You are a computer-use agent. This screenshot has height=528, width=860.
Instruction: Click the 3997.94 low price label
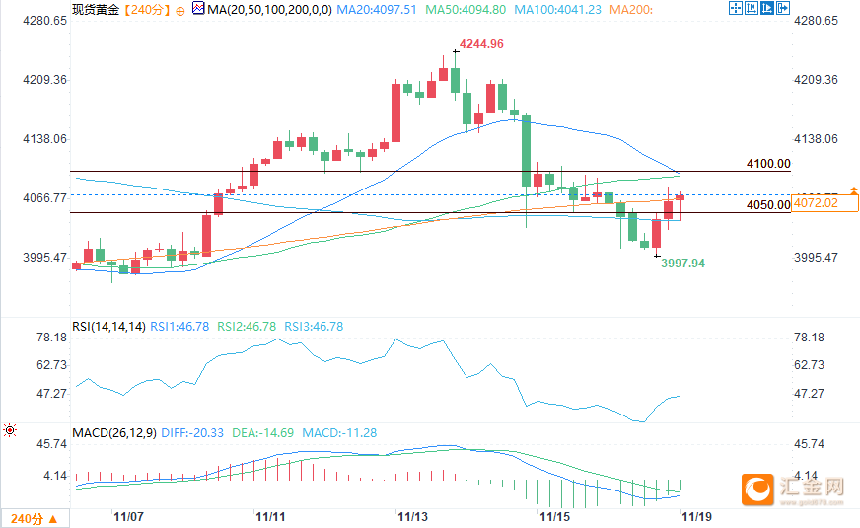tap(682, 264)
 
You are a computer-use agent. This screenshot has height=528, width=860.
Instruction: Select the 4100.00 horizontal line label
tap(768, 164)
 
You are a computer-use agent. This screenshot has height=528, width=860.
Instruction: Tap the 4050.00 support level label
tap(768, 205)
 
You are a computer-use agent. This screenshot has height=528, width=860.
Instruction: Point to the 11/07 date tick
tap(129, 516)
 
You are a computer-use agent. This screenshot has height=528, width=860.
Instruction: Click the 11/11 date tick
tap(270, 516)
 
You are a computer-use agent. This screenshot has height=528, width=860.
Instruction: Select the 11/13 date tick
tap(412, 516)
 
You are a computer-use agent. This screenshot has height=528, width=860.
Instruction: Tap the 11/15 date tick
tap(554, 516)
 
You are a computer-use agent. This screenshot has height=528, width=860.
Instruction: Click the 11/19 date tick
tap(696, 516)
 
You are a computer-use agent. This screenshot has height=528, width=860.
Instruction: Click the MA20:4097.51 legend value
tap(376, 9)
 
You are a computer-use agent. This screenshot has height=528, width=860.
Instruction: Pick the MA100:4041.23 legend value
tap(560, 9)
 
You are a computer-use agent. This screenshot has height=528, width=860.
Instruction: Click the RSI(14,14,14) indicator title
tap(108, 326)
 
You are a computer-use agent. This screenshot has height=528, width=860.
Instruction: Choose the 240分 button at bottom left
tap(33, 518)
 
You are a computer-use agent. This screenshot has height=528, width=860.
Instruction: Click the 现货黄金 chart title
tap(96, 9)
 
